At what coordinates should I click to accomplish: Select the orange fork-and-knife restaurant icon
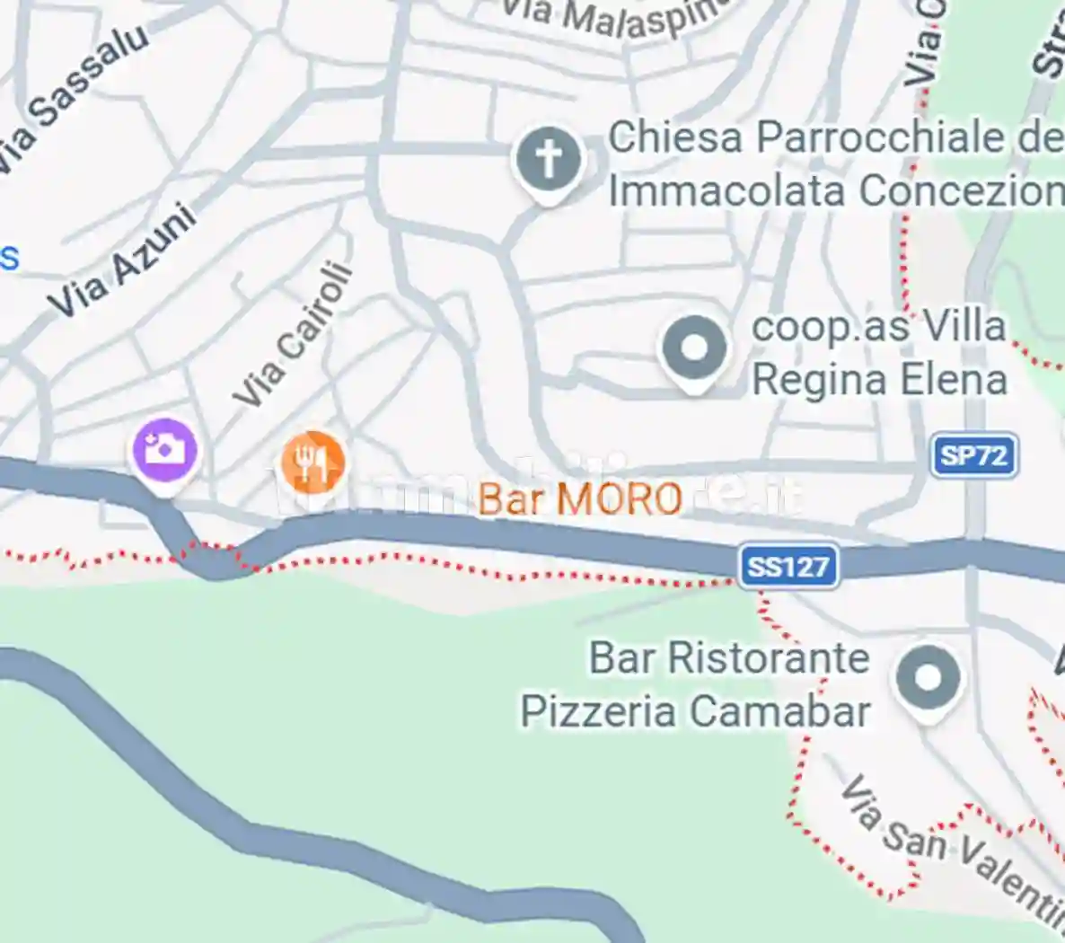pos(312,462)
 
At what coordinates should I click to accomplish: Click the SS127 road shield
pos(788,567)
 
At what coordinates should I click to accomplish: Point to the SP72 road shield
pos(973,456)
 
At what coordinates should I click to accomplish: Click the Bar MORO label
pos(580,499)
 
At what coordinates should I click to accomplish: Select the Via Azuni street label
pos(122,260)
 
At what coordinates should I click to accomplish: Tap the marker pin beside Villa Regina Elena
pos(693,348)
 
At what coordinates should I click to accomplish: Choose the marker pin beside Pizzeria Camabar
pos(928,677)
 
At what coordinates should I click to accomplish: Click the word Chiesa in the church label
pos(675,137)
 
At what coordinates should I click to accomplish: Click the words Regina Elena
pos(878,379)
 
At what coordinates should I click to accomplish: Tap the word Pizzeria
pos(598,711)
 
